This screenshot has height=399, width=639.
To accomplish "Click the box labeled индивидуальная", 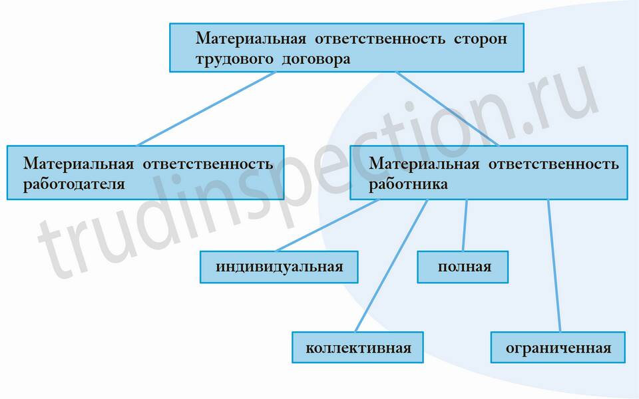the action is click(279, 267).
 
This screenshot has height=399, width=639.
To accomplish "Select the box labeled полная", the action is click(463, 267).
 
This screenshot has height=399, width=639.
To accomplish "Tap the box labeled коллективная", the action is click(358, 347).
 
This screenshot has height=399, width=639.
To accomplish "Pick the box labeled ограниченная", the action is click(558, 347).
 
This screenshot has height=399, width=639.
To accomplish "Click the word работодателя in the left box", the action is click(74, 184).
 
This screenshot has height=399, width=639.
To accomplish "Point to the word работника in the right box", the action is click(408, 184).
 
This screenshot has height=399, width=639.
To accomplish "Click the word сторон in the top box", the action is click(481, 39).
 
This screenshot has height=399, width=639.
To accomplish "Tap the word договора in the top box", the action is click(316, 59).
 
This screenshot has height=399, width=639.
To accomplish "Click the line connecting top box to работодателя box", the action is click(206, 109).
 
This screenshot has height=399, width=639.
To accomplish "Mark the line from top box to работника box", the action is click(447, 109).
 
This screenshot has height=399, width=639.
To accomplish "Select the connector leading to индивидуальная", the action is click(327, 225).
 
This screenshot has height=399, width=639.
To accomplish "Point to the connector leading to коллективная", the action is click(391, 265).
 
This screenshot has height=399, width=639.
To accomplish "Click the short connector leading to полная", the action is click(465, 225).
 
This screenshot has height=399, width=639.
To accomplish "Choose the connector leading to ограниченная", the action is click(554, 265).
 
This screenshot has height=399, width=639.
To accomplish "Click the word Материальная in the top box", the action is click(251, 39).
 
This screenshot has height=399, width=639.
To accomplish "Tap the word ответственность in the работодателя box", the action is click(208, 164).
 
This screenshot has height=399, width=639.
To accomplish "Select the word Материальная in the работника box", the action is click(424, 164).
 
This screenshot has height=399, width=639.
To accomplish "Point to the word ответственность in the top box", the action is click(380, 39).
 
